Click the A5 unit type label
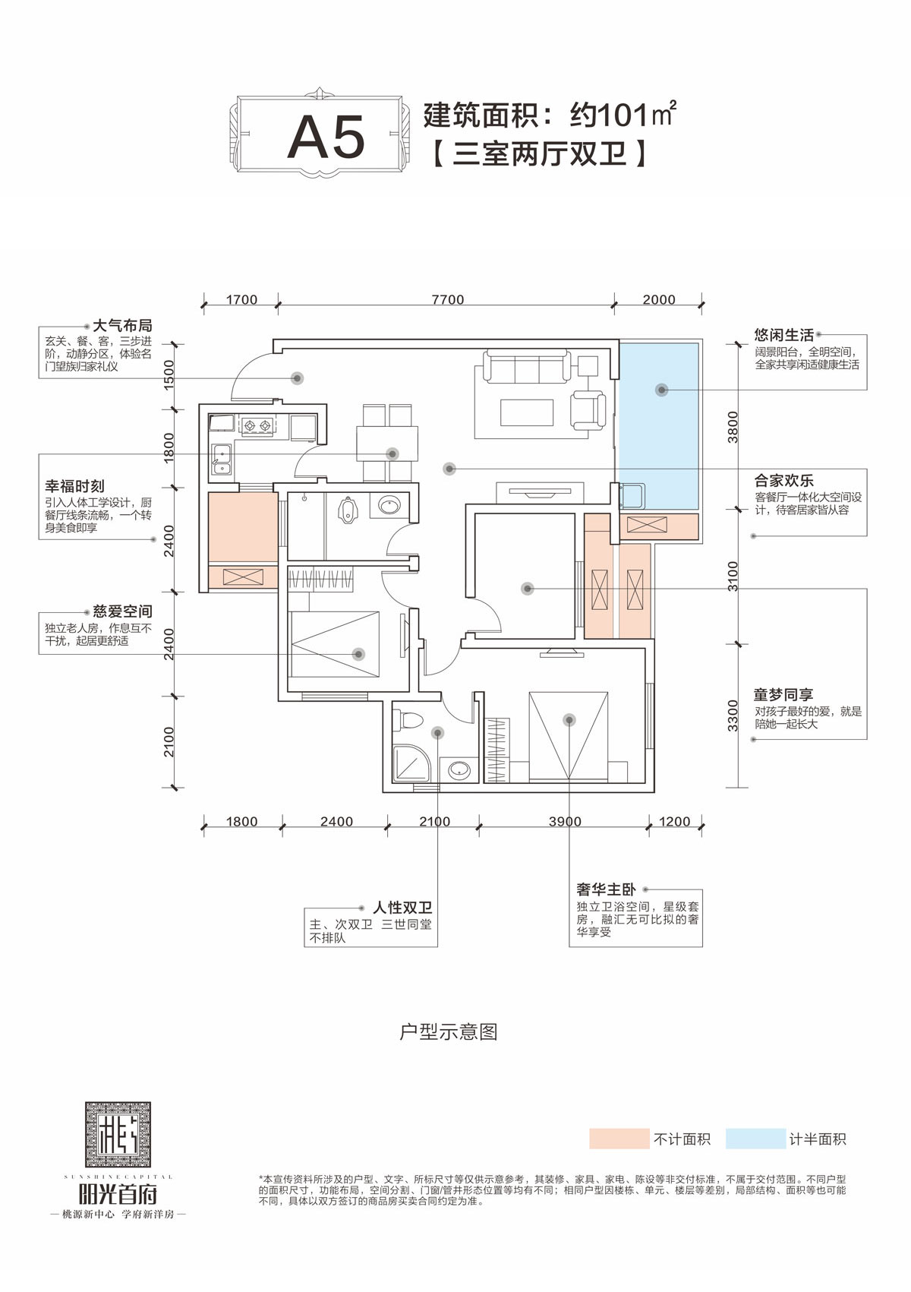click(326, 138)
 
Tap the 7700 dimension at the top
click(447, 300)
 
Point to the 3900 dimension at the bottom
click(565, 822)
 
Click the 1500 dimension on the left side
click(169, 374)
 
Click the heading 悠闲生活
click(783, 335)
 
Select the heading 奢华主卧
click(605, 889)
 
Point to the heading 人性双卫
click(402, 908)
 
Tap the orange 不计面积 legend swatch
click(619, 1139)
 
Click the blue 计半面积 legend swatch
click(755, 1139)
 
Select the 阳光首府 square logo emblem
click(118, 1135)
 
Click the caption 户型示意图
click(448, 1031)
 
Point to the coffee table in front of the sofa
click(526, 412)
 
